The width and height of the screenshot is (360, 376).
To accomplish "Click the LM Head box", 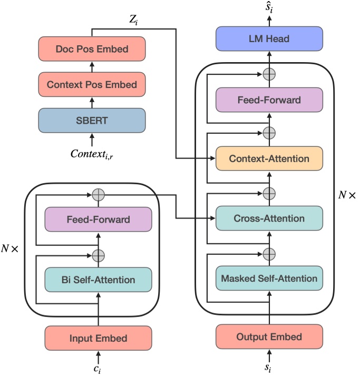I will [x=269, y=39].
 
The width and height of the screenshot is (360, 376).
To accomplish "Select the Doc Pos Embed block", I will [x=92, y=51].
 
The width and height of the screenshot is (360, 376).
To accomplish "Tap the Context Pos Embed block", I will [x=92, y=84].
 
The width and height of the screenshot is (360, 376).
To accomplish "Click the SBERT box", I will [x=92, y=120].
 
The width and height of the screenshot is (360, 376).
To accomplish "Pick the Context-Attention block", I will [x=269, y=158].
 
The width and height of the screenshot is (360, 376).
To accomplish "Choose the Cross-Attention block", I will [x=269, y=218].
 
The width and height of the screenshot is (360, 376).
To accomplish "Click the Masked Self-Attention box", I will [x=269, y=278].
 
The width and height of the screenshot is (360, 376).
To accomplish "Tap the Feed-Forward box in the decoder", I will [x=269, y=100].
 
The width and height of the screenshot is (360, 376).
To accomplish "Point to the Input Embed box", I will [x=98, y=338].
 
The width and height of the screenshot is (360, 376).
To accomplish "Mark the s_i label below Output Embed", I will [x=269, y=367].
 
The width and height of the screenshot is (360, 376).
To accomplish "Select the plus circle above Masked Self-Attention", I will [x=269, y=254].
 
